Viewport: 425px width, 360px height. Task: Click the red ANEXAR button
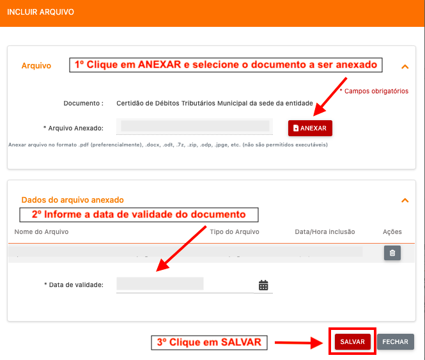click(x=310, y=128)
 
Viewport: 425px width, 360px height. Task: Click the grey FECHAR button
click(x=395, y=341)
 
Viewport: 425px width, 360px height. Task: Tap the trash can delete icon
click(x=392, y=253)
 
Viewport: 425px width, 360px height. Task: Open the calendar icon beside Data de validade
click(x=263, y=285)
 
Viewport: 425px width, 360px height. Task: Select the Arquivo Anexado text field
click(x=195, y=127)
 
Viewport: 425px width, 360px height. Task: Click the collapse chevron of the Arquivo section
click(x=405, y=67)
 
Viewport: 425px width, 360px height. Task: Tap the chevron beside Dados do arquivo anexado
click(x=405, y=200)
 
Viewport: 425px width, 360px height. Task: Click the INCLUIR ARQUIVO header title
click(x=40, y=12)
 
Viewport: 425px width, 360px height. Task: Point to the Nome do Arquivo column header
click(x=42, y=231)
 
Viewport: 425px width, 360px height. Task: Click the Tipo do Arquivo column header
click(x=235, y=231)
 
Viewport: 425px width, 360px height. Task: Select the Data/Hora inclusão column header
click(x=325, y=231)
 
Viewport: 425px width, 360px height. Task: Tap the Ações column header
click(x=392, y=231)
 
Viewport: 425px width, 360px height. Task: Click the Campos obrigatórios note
click(x=375, y=91)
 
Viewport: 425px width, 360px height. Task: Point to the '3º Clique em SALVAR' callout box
click(x=209, y=342)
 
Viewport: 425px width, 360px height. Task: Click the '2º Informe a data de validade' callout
click(x=139, y=215)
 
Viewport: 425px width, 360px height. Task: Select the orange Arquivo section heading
click(x=36, y=66)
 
